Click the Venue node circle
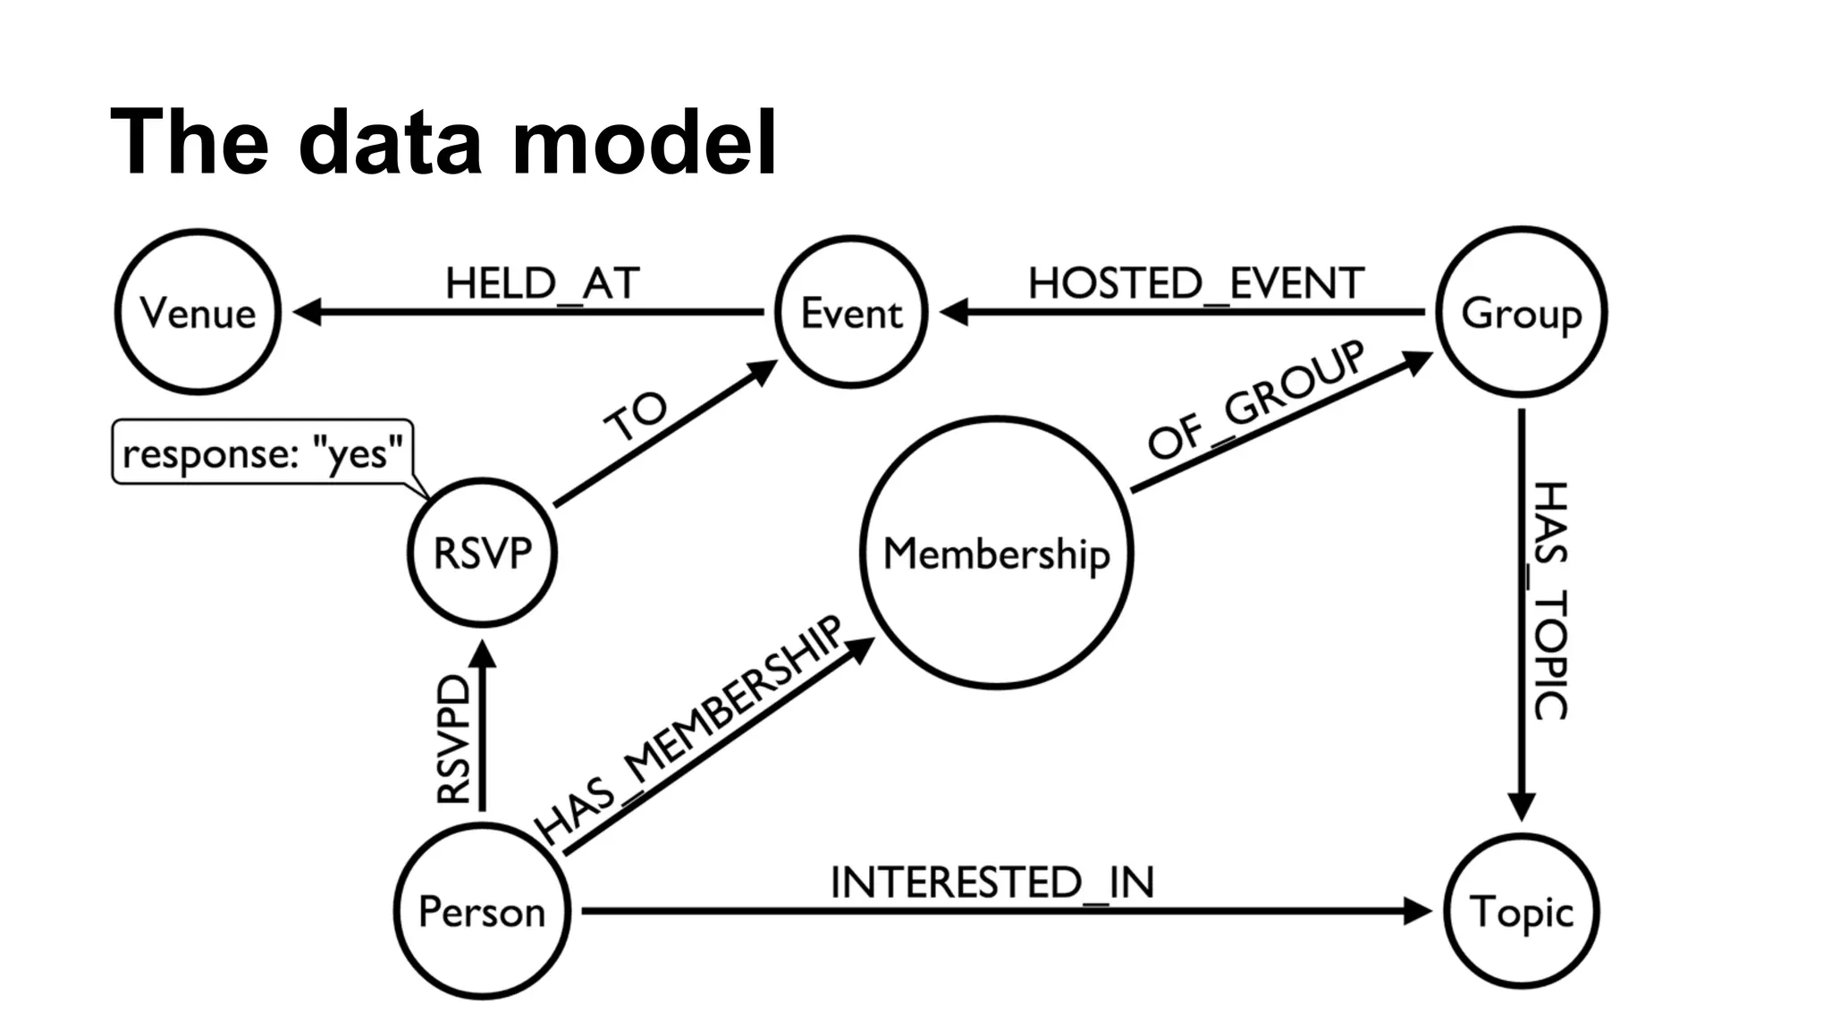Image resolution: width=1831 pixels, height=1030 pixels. point(198,312)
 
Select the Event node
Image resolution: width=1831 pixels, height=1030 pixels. point(851,312)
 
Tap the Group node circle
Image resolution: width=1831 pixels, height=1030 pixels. point(1521,312)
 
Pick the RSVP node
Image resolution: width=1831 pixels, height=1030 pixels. point(482,552)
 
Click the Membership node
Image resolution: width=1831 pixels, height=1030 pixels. point(997,553)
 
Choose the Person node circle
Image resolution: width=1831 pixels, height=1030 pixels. point(482,911)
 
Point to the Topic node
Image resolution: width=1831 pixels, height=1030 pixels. point(1521,911)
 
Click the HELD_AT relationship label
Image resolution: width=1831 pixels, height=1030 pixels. point(542,283)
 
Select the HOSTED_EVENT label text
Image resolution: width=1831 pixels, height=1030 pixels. point(1195,283)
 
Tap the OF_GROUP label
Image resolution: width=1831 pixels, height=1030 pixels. point(1256,400)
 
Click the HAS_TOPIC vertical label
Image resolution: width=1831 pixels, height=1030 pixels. point(1550,600)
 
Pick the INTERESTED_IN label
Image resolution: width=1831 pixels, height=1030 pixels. point(992,882)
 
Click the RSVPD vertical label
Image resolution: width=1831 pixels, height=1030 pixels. point(453,739)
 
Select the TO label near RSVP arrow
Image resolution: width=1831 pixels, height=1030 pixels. point(636,417)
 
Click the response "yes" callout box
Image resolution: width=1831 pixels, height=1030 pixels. point(262,452)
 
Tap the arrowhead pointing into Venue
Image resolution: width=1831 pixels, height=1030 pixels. point(307,312)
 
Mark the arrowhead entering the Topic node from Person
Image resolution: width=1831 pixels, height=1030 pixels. point(1418,911)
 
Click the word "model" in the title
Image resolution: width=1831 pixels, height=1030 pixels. point(644,143)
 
